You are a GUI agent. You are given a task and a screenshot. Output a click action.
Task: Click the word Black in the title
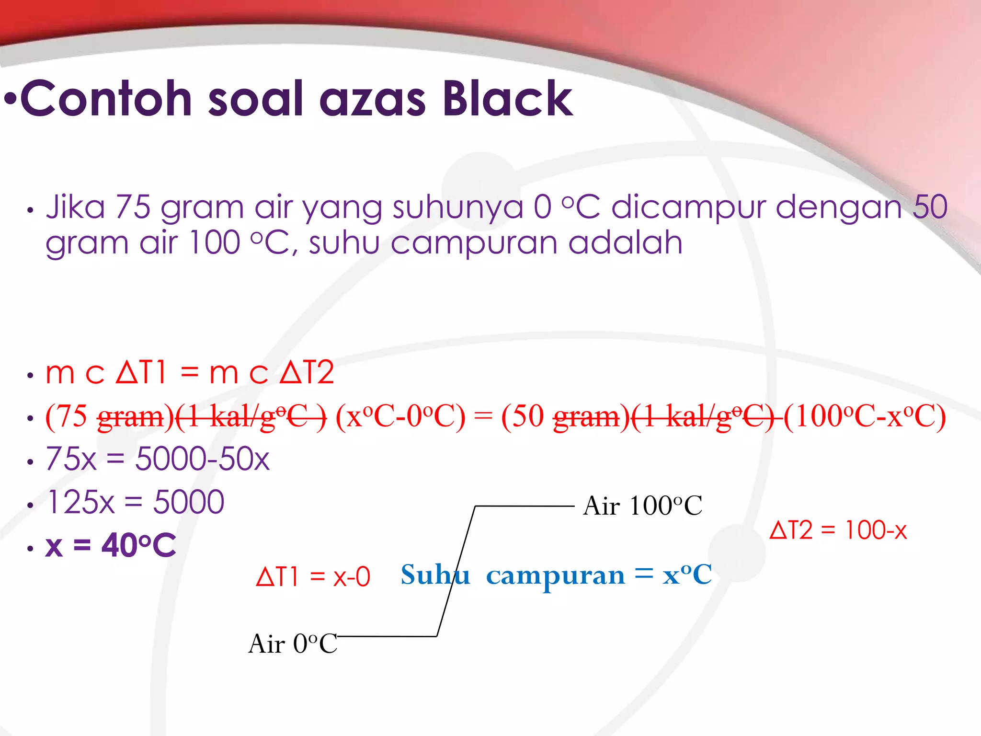point(508,99)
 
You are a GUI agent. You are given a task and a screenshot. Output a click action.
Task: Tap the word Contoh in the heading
point(106,99)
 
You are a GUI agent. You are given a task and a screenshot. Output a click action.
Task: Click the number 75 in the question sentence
point(133,207)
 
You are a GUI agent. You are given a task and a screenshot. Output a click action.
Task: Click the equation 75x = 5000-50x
point(158,459)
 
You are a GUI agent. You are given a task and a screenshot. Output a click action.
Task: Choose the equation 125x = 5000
point(136,502)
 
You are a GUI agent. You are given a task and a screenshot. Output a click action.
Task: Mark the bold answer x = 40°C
point(111,545)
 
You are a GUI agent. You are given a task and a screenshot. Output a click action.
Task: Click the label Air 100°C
point(642,506)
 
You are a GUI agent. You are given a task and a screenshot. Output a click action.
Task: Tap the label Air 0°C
point(293,644)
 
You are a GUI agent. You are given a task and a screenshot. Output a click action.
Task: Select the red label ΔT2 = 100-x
point(838,530)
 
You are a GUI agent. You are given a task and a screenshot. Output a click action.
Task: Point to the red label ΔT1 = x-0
point(313,576)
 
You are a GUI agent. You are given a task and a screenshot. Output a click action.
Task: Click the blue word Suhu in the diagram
point(435,575)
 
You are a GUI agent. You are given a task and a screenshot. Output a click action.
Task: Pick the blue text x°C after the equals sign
point(687,575)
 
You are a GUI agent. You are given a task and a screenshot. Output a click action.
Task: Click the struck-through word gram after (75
point(131,416)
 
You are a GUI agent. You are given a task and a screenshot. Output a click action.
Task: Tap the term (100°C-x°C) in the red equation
point(865,416)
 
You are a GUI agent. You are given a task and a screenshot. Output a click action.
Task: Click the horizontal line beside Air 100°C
point(525,506)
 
